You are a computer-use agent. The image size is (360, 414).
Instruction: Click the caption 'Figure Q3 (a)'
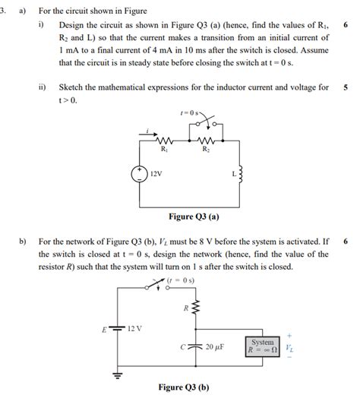[x=194, y=216]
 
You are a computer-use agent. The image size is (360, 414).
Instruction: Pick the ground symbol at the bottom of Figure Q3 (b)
[x=118, y=374]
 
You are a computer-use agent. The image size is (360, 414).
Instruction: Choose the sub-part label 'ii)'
[x=42, y=87]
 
